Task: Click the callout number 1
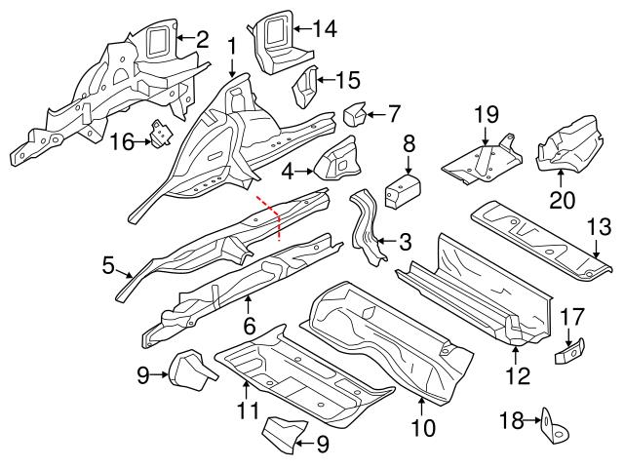pos(232,45)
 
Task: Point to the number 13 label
pos(597,228)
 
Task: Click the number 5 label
pos(109,263)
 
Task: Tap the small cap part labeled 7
pos(354,115)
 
